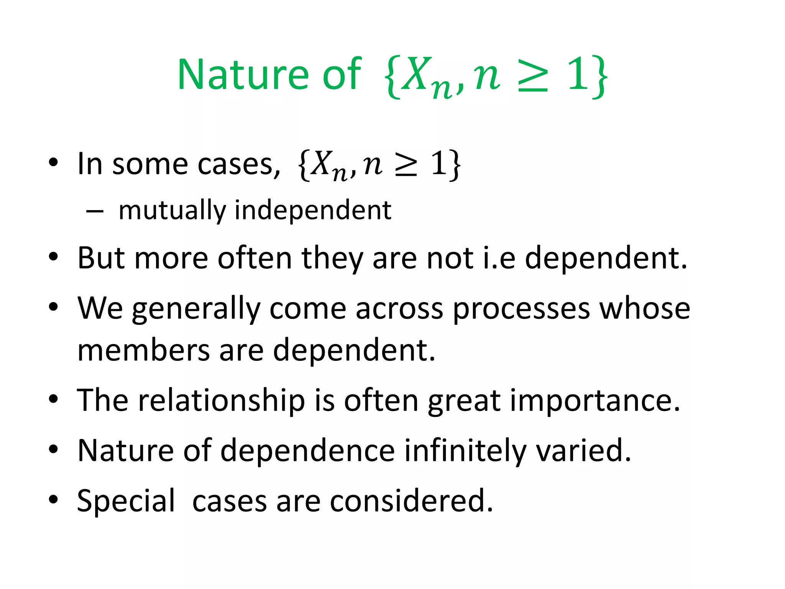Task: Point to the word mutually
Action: (172, 211)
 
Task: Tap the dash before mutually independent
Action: (95, 211)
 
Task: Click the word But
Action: (101, 258)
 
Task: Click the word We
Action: (100, 308)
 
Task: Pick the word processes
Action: (521, 309)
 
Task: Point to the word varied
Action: (583, 451)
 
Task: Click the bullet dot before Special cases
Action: (53, 499)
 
